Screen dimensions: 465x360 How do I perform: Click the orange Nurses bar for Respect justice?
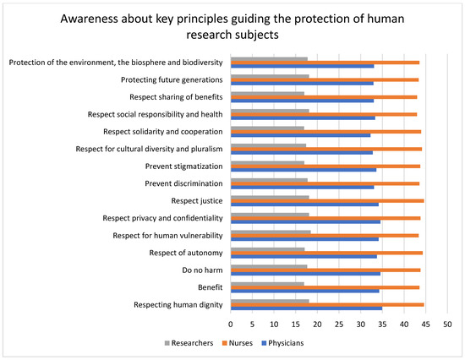327,201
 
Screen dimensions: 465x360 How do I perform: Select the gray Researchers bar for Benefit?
267,284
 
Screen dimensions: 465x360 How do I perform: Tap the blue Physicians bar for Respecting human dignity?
306,308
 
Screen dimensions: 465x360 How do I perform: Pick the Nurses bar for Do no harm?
325,270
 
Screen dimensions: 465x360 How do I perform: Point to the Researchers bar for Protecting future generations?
270,76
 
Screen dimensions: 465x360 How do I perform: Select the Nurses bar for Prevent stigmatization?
325,166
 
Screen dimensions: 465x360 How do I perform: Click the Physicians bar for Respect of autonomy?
304,257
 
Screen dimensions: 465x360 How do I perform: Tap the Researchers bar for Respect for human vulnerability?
271,232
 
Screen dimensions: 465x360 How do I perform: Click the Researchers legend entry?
189,343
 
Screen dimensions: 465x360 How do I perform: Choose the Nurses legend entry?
238,343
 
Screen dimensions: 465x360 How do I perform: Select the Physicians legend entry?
282,343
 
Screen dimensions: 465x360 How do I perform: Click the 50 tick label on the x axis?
447,325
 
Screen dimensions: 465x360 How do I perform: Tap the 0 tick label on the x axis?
231,325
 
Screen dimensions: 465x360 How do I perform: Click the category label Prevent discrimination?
183,183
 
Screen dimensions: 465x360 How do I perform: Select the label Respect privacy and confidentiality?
163,218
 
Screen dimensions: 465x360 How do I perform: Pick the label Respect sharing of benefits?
176,97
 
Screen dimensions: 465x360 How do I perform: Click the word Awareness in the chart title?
89,19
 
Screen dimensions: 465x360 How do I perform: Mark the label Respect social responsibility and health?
155,114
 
